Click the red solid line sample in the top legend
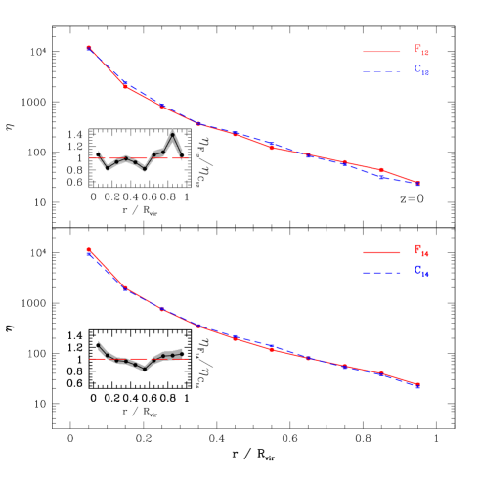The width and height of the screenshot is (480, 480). click(x=381, y=52)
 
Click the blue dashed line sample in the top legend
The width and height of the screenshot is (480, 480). click(x=381, y=71)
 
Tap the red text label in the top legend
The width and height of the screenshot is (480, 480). click(x=421, y=51)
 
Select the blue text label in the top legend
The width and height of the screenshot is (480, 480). click(x=421, y=70)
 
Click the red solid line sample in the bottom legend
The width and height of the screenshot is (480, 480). click(x=381, y=252)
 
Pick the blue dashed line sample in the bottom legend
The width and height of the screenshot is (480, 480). click(x=381, y=272)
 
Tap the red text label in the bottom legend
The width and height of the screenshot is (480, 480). click(x=421, y=251)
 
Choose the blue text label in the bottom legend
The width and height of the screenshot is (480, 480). click(x=421, y=271)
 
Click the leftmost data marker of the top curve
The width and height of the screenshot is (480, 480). click(x=89, y=47)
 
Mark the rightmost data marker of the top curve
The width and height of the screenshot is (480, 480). click(x=418, y=184)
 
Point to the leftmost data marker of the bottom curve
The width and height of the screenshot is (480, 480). click(x=89, y=250)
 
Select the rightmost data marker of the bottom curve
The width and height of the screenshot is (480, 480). click(x=417, y=385)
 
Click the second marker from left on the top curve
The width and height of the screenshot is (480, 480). click(x=125, y=86)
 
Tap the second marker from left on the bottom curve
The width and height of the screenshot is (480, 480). click(x=125, y=287)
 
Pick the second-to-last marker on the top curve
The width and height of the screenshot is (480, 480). click(x=381, y=171)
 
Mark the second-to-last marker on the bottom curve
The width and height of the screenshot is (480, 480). click(x=381, y=373)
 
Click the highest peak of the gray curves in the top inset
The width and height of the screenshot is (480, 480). click(x=173, y=130)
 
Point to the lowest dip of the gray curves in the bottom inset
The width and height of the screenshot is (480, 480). click(x=146, y=371)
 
